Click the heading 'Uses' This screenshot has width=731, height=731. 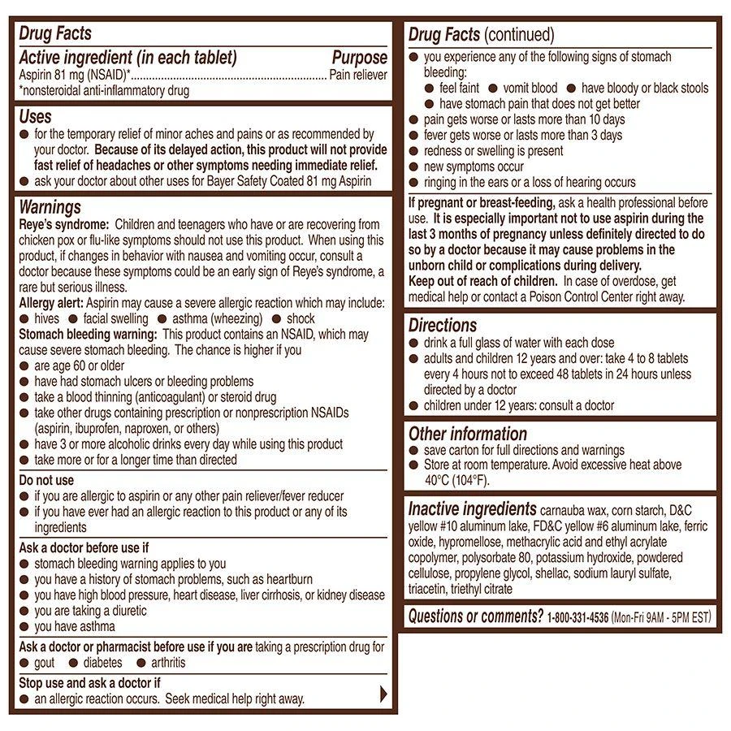pos(36,117)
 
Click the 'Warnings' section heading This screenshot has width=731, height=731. pos(50,208)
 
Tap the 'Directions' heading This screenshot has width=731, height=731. pos(443,326)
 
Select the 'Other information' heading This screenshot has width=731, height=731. pos(468,434)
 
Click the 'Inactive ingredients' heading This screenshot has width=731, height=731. pos(472,509)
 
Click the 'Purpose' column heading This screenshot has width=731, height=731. pos(359,58)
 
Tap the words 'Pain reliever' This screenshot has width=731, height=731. pos(358,75)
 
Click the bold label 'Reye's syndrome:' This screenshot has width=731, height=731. pos(63,224)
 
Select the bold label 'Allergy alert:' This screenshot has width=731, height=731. pos(51,303)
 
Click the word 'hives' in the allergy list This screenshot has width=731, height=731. pos(48,318)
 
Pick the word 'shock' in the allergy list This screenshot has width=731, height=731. pos(301,318)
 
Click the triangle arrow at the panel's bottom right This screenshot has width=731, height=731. pos(384,694)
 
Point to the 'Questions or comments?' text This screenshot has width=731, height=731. pos(475,616)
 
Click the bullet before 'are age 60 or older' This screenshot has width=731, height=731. pos(24,366)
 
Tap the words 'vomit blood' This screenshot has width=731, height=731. pos(530,88)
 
